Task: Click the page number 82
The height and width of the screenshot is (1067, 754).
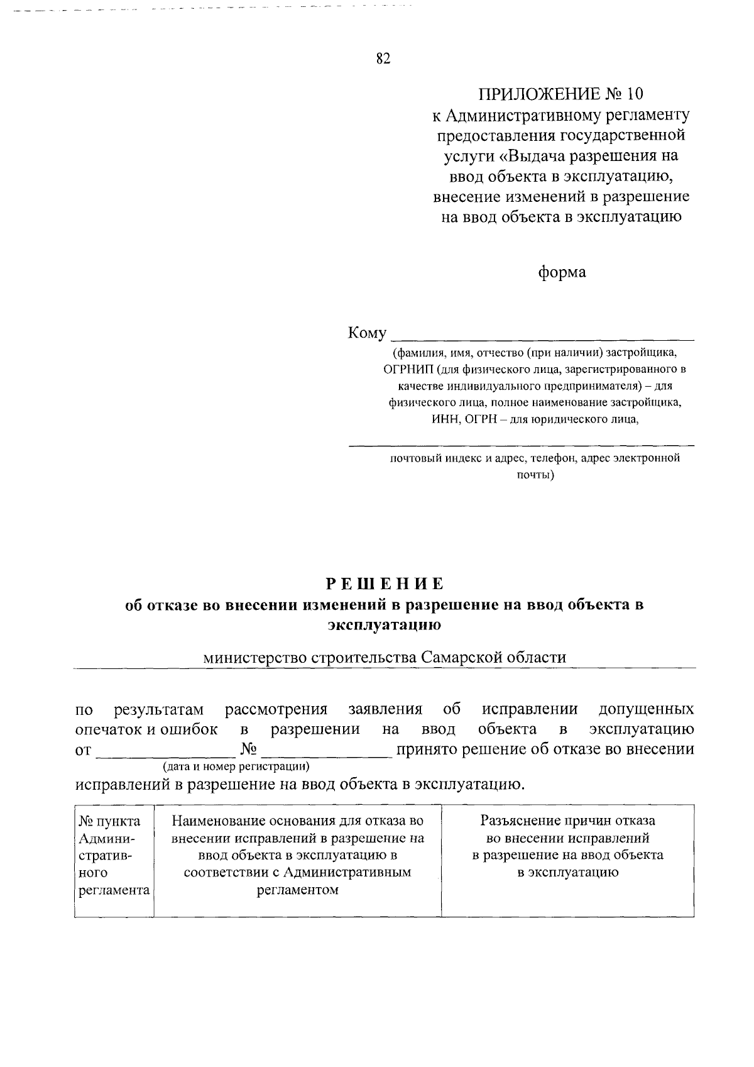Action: click(x=383, y=59)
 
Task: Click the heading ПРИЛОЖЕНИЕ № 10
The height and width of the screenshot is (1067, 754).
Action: click(x=561, y=95)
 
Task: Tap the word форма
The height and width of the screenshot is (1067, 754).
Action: click(x=562, y=272)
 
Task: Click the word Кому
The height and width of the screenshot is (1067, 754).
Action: click(x=367, y=333)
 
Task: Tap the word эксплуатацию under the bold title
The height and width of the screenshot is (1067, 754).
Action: click(x=385, y=625)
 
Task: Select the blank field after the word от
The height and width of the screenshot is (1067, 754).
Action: click(x=165, y=749)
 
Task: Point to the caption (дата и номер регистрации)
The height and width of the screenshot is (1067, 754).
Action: click(x=236, y=767)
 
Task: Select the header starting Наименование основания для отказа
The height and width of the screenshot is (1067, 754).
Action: click(x=297, y=821)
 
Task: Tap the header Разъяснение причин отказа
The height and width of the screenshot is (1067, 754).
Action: click(x=567, y=821)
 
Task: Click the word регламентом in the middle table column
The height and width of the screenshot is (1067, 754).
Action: click(x=297, y=890)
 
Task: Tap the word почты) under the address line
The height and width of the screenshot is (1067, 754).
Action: click(x=535, y=475)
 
